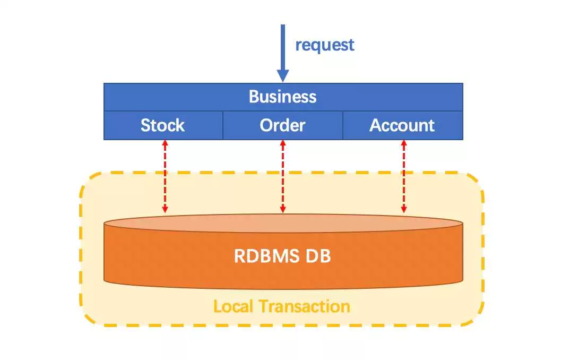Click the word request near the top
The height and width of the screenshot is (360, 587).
pos(324,45)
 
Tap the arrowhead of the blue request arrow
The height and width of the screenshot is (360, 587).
pos(283,75)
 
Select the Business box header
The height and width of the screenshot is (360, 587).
pos(283,97)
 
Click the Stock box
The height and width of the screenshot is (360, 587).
pos(163,125)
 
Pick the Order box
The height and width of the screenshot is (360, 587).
pos(283,125)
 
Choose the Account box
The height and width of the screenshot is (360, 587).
pos(402,125)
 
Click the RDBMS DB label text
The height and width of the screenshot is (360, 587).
pos(283,256)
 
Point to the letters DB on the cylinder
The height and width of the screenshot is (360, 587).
pos(318,256)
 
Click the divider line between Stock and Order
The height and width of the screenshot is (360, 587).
pos(222,125)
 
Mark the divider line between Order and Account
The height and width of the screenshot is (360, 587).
pos(343,125)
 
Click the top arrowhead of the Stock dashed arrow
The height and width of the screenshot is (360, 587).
pos(165,143)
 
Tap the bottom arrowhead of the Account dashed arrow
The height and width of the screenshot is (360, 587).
pos(404,210)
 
